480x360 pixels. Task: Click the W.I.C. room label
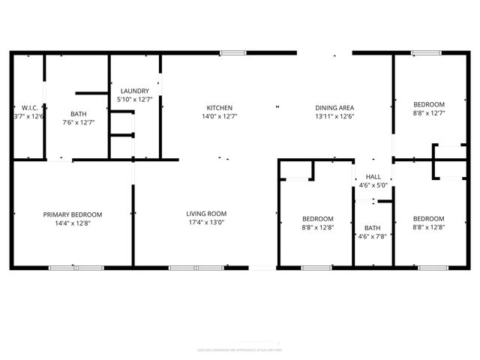pos(30,107)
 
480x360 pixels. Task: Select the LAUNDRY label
pos(135,91)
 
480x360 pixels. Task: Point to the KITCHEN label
pos(220,107)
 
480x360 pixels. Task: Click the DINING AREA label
pos(334,107)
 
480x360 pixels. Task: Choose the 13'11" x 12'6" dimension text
pos(334,116)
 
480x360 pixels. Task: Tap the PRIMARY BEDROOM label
pos(72,214)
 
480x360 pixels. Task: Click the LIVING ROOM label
pos(206,214)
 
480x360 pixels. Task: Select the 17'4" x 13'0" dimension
pos(206,222)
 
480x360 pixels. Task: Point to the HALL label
pos(373,177)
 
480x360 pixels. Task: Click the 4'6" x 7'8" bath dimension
pos(373,236)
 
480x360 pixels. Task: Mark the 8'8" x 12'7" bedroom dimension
pos(429,113)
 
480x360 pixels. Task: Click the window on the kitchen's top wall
pos(232,52)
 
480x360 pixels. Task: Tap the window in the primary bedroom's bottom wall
pos(76,268)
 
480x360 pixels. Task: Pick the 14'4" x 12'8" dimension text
pos(72,223)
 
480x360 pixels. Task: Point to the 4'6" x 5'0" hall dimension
pos(373,185)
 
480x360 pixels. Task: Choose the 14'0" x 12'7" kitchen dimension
pos(220,116)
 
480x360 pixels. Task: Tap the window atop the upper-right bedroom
pos(425,52)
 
